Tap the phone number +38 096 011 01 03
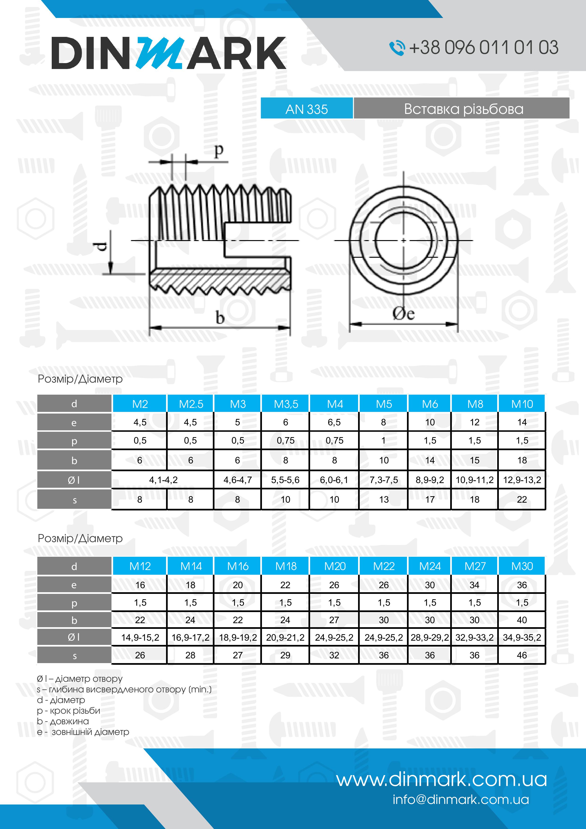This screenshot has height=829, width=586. coord(483,47)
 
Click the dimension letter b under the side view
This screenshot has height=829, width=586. coord(220,318)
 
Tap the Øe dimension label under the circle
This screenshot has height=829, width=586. coord(403,313)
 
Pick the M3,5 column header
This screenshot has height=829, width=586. coord(286,404)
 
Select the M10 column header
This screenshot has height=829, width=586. coord(522,404)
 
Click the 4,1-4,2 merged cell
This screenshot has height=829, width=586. coord(163,480)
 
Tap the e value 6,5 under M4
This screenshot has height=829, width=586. coord(334,422)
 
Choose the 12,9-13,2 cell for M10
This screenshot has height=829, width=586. coord(522,480)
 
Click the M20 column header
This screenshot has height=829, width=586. coord(334,566)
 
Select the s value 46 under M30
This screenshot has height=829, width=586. coord(522,655)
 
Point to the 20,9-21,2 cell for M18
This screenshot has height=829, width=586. coord(285,637)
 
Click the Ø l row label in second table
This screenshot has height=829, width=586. coord(74,637)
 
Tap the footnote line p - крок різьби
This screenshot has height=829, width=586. coord(68,711)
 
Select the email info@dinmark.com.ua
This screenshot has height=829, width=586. coord(461,799)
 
